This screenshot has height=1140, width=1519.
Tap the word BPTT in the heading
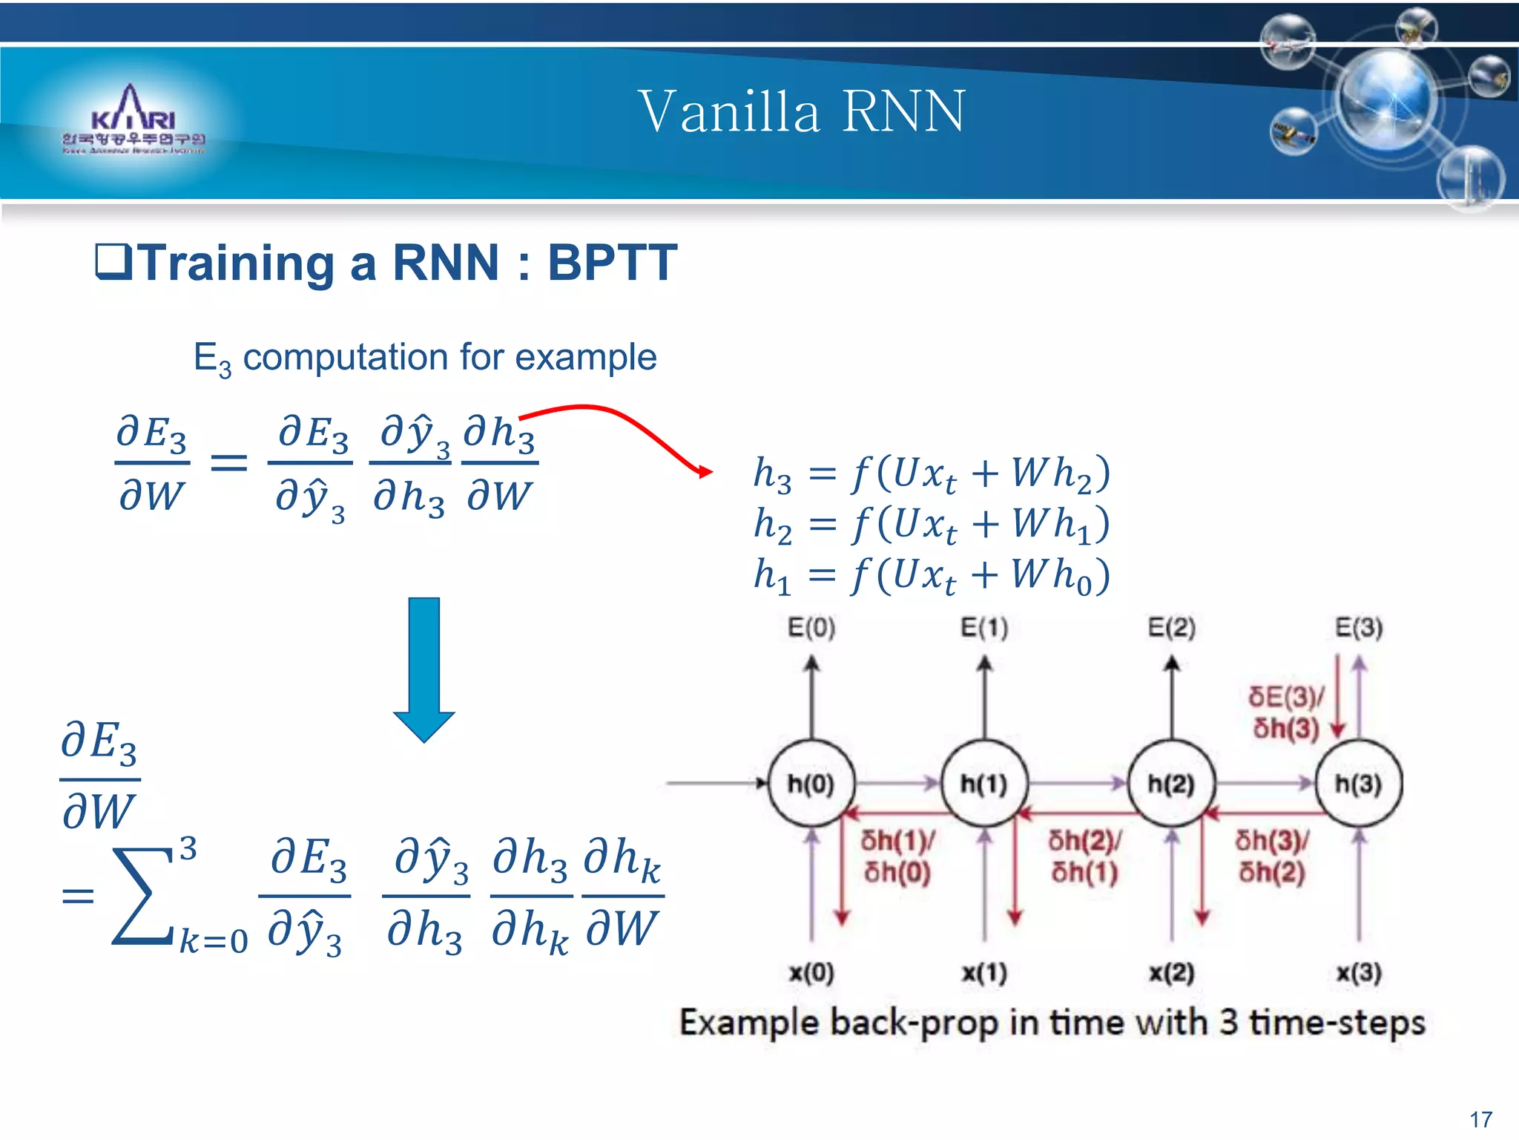[x=612, y=263]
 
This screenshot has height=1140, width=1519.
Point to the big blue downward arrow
[x=424, y=668]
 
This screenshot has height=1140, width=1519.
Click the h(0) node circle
[x=811, y=783]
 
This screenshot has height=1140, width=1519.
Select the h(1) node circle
[x=984, y=783]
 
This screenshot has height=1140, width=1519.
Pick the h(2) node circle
[x=1171, y=783]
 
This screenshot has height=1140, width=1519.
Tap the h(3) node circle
[x=1358, y=783]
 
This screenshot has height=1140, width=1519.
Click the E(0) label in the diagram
[x=811, y=628]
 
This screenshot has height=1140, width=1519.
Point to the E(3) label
[x=1359, y=628]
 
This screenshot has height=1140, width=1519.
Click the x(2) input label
[x=1171, y=972]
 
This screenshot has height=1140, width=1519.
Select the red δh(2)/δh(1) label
[x=1084, y=856]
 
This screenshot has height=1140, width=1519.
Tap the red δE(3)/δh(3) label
[x=1286, y=712]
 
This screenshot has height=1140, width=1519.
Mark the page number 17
[x=1480, y=1119]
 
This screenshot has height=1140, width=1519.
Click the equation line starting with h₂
[x=931, y=524]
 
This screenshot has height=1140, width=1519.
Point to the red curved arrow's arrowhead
[x=705, y=471]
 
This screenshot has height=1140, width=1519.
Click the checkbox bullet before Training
[x=113, y=263]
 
